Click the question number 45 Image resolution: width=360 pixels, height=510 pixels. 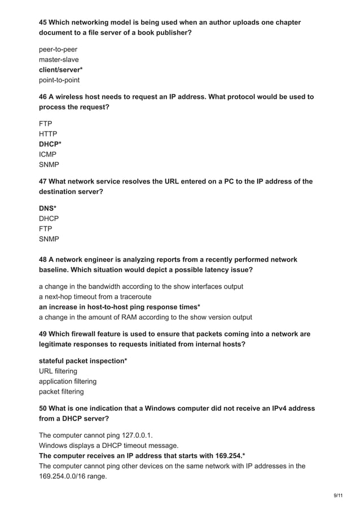point(43,23)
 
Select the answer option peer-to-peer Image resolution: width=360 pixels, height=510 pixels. point(58,49)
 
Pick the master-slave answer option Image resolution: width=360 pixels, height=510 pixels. point(59,59)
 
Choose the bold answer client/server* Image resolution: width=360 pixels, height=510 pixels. point(60,69)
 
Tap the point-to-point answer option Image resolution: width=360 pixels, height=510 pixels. point(59,80)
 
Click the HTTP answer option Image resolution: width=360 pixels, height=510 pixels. point(48,134)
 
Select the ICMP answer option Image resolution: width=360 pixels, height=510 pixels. point(47,154)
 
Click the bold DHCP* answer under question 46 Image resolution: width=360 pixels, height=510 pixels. point(50,144)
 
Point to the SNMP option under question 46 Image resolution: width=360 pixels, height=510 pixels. point(49,164)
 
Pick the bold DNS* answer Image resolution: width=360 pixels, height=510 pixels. point(47,208)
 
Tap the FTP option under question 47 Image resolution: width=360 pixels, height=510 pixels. point(45,229)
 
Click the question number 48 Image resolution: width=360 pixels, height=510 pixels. point(43,260)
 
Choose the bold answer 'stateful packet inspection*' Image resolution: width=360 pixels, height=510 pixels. point(82,361)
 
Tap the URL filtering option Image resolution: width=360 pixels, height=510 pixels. point(58,371)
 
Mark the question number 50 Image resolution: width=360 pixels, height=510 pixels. point(43,408)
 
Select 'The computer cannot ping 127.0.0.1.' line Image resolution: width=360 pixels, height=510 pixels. point(95,435)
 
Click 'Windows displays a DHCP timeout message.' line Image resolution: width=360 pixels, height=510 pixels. point(108,445)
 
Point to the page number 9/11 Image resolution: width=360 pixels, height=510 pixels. point(337,495)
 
